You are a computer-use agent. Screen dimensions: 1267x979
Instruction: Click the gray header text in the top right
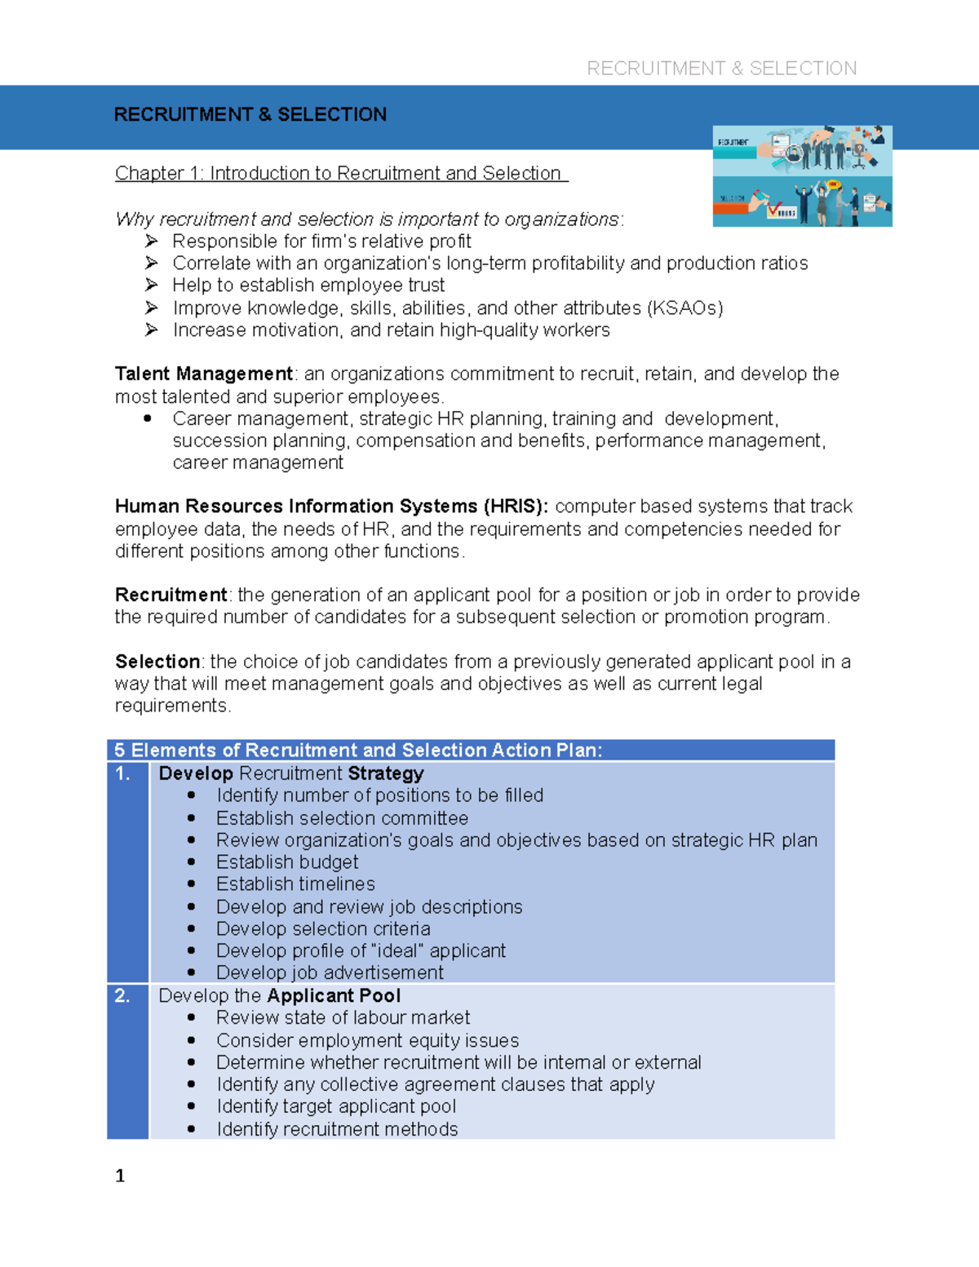(721, 69)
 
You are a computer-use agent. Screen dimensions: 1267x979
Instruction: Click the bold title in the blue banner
(250, 114)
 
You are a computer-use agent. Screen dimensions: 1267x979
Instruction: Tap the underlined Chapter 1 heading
(340, 173)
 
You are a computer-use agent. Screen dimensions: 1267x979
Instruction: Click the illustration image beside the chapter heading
(802, 176)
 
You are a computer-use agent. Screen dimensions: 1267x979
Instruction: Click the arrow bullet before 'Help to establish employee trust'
(151, 285)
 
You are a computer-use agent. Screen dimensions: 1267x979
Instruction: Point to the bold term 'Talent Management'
(203, 374)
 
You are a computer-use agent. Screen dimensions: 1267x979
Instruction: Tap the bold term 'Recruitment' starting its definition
(171, 595)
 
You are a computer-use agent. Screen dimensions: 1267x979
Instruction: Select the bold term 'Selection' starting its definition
(157, 661)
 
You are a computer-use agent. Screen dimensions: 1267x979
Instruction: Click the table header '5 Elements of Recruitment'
(357, 751)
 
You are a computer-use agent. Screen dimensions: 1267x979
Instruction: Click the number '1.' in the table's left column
(123, 773)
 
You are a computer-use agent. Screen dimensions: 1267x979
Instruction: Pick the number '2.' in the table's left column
(122, 995)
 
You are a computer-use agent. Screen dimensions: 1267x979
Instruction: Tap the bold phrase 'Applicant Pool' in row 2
(334, 995)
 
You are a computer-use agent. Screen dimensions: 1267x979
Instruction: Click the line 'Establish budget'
(286, 862)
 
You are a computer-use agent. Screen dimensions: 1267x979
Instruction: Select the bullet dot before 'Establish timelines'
(192, 884)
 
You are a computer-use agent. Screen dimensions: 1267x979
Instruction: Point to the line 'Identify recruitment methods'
(336, 1129)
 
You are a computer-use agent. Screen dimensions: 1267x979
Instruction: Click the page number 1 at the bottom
(120, 1176)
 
